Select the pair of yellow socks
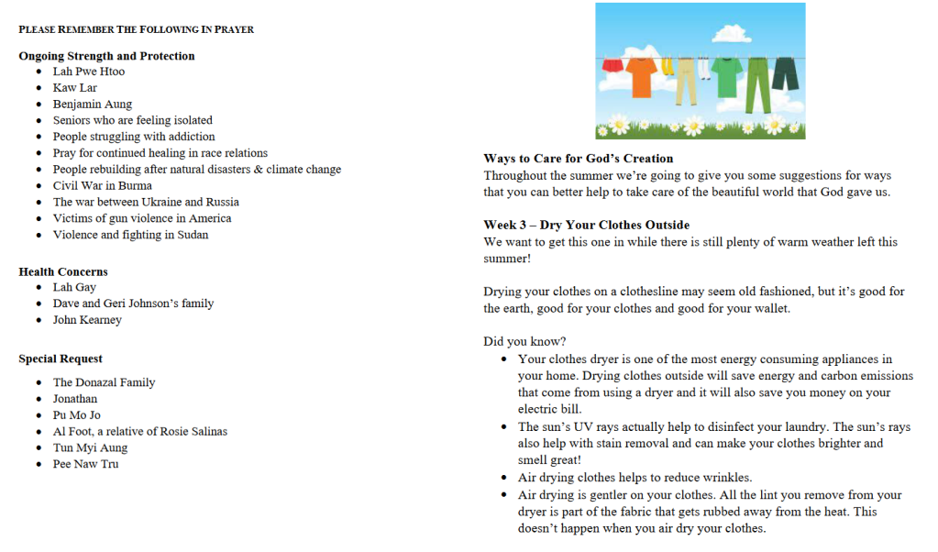[667, 70]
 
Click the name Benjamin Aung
[93, 105]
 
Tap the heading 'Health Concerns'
[63, 271]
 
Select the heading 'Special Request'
[61, 359]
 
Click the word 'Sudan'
[192, 235]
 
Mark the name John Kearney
[87, 320]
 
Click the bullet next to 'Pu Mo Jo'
[39, 415]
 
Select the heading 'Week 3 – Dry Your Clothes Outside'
[587, 225]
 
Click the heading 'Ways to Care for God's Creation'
[579, 159]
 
